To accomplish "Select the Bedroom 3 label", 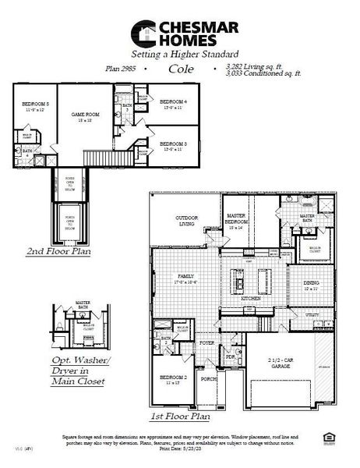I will (173, 145).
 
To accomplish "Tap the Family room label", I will (185, 278).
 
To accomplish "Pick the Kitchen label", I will (250, 299).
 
